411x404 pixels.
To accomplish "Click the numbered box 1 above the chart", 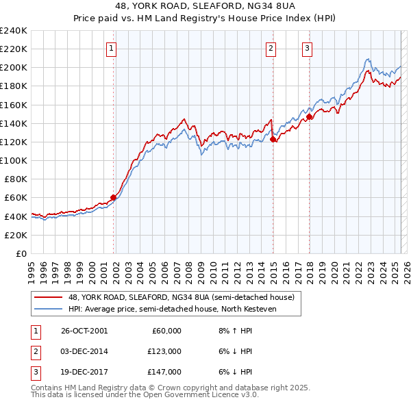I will (x=111, y=48).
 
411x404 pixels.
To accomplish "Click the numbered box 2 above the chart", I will (x=271, y=48).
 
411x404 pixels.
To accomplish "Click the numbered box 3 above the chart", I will (x=308, y=48).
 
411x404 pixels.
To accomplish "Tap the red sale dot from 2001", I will (x=114, y=198).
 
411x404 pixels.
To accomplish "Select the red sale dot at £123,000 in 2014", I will (x=273, y=139).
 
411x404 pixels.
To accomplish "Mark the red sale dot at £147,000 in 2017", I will (x=310, y=117).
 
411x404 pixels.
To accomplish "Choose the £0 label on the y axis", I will (x=21, y=253).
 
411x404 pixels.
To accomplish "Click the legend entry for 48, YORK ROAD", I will (x=181, y=297).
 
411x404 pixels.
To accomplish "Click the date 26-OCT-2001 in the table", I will (x=84, y=331).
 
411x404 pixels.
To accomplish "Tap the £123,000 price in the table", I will (x=165, y=351).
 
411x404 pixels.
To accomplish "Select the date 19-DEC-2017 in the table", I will (x=84, y=372).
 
